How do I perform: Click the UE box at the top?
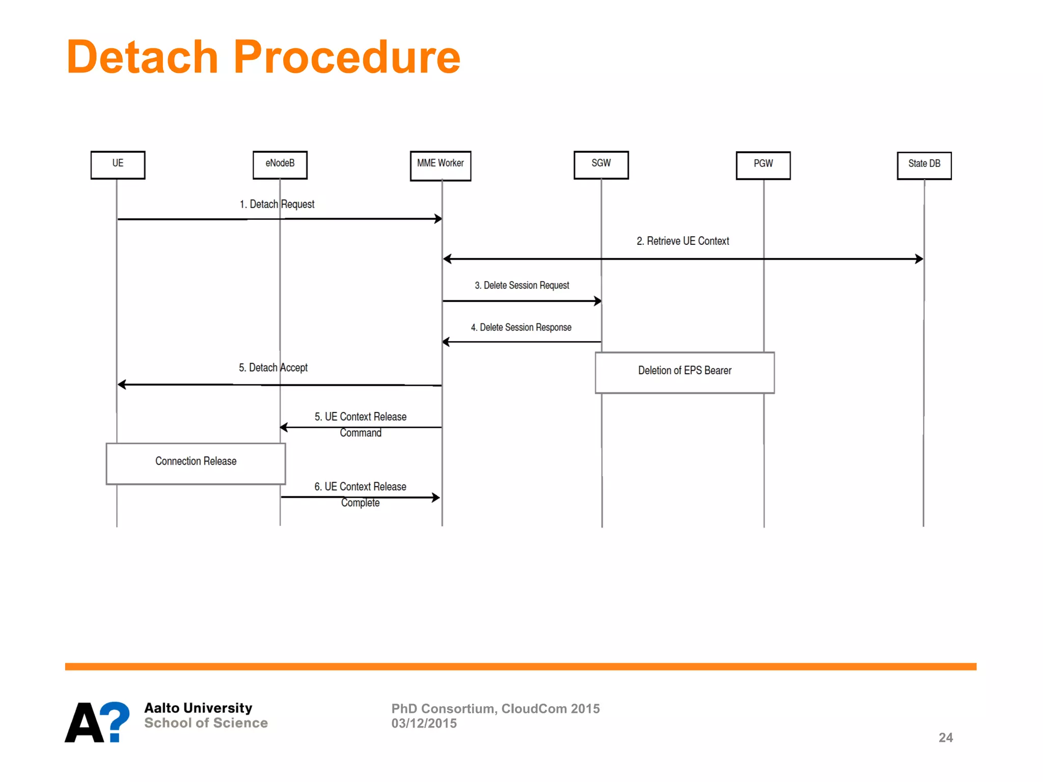(x=118, y=164)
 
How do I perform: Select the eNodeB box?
(x=280, y=164)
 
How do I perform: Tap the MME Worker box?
(x=440, y=165)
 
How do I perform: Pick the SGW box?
(x=601, y=164)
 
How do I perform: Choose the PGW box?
(x=763, y=165)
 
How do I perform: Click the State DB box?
(x=924, y=165)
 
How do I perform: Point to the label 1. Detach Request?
(x=277, y=204)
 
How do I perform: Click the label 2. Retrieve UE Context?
(x=682, y=241)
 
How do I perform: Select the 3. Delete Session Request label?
(x=521, y=285)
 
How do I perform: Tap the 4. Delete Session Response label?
(x=521, y=327)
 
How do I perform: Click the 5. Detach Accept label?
(x=273, y=368)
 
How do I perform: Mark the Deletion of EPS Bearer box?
(x=684, y=372)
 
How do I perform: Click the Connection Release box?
(x=196, y=463)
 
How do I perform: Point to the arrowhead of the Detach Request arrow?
(x=438, y=219)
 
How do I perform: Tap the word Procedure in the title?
(x=347, y=57)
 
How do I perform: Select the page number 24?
(x=945, y=737)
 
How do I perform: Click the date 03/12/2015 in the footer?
(x=424, y=723)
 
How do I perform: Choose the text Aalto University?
(x=198, y=708)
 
